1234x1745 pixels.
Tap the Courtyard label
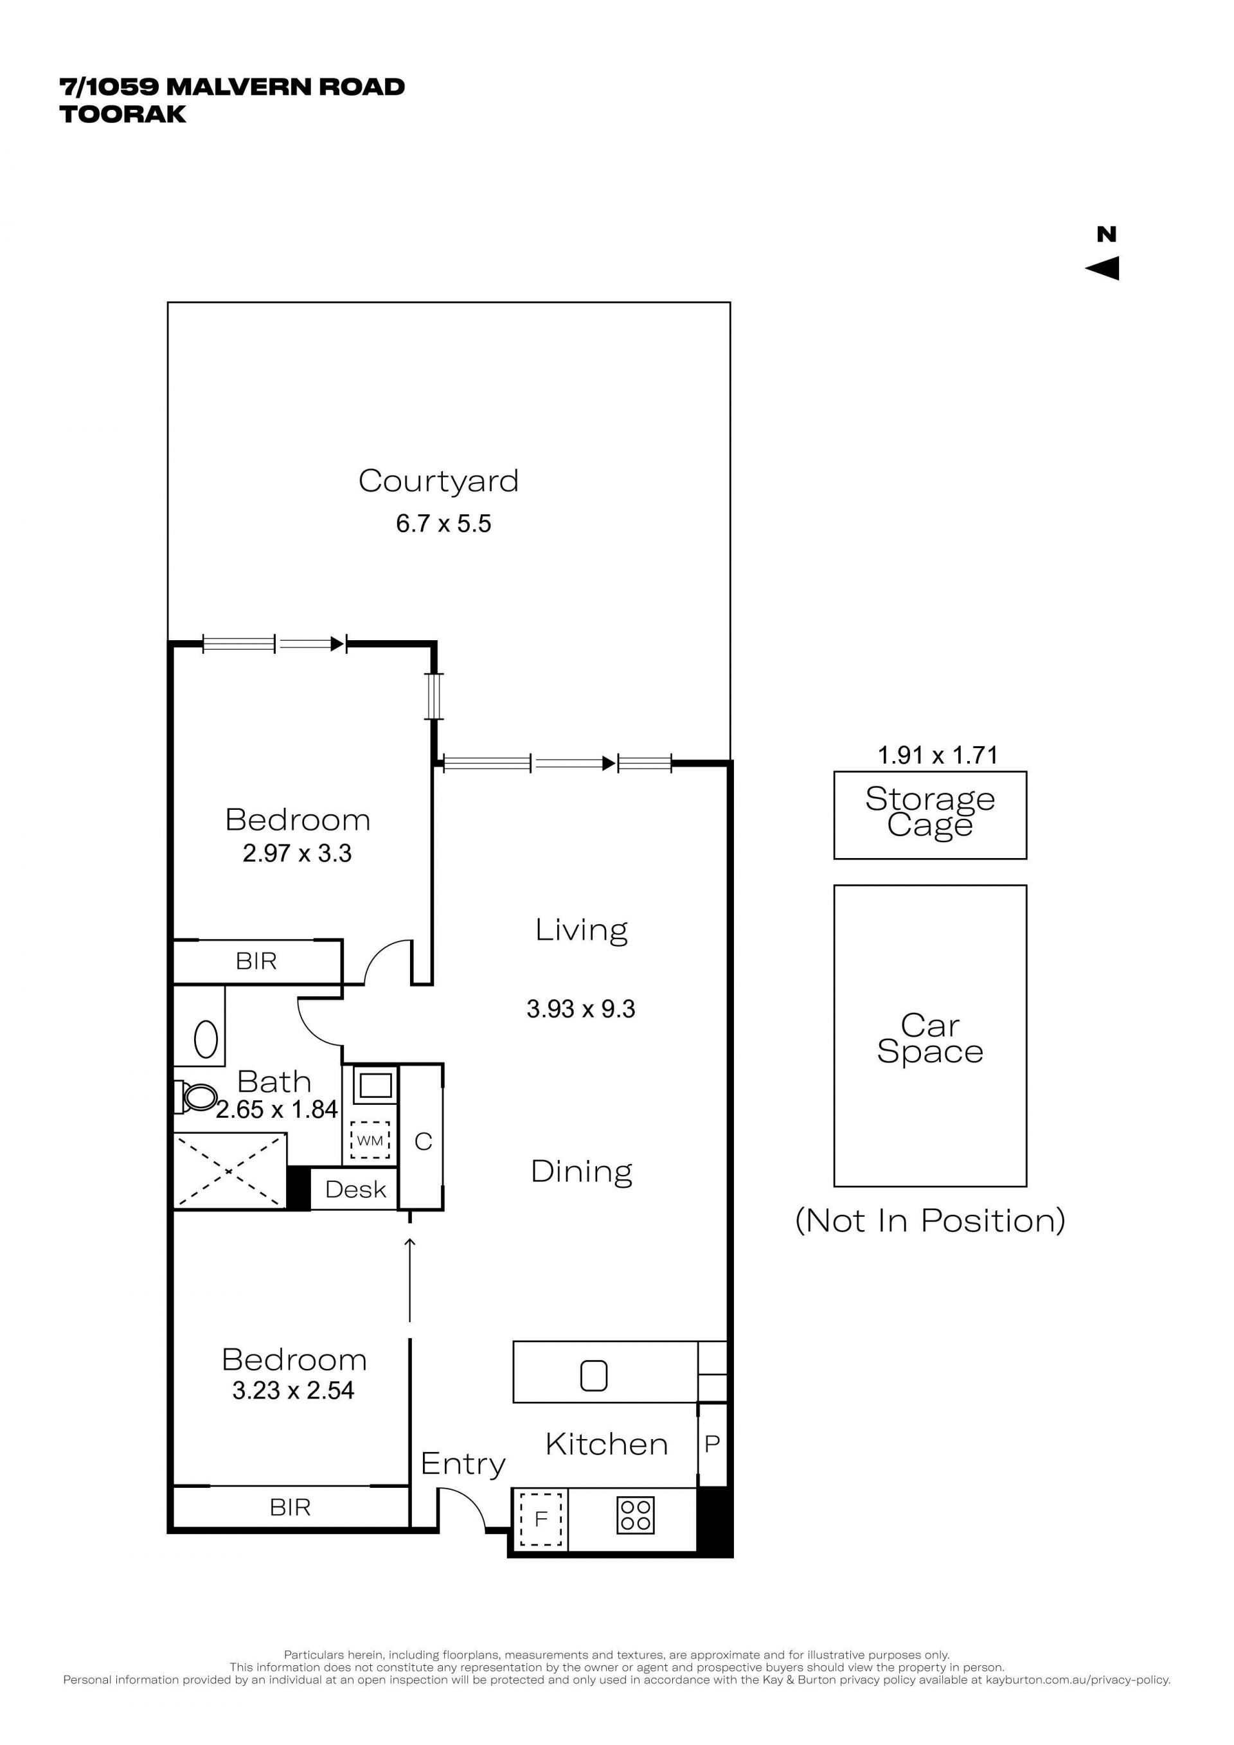pyautogui.click(x=438, y=481)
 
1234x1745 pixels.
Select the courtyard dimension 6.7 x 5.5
pyautogui.click(x=443, y=524)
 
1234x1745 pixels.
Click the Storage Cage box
pyautogui.click(x=930, y=816)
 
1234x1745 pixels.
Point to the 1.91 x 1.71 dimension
pyautogui.click(x=938, y=755)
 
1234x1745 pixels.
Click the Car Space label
pyautogui.click(x=930, y=1038)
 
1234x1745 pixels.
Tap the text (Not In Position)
pyautogui.click(x=930, y=1221)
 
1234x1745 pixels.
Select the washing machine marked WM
pyautogui.click(x=370, y=1140)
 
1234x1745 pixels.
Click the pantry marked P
pyautogui.click(x=712, y=1444)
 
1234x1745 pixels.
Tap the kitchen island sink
pyautogui.click(x=593, y=1375)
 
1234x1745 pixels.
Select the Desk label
pyautogui.click(x=355, y=1190)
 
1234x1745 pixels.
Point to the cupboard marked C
pyautogui.click(x=424, y=1141)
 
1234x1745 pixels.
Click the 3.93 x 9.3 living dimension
pyautogui.click(x=580, y=1009)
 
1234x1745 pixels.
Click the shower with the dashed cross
pyautogui.click(x=230, y=1171)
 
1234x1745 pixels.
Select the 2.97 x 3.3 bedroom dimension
pyautogui.click(x=297, y=854)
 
